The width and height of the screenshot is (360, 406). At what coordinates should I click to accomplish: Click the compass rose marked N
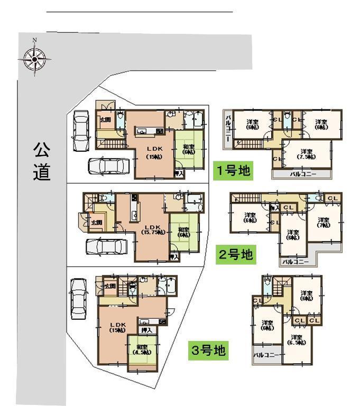pos(34,59)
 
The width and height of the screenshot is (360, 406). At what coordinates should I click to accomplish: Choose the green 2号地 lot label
pos(236,255)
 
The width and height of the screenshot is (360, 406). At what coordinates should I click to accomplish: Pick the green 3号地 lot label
pos(209,350)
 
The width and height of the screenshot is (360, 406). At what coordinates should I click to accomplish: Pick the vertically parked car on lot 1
pos(81,130)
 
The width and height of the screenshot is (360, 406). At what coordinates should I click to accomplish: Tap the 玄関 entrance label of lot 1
pos(105,119)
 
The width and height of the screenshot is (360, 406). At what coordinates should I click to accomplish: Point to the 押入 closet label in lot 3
pos(147,329)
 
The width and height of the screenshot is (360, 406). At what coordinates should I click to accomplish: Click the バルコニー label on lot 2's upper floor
pos(295,261)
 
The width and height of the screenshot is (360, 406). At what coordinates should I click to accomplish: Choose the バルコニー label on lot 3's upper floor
pos(266,355)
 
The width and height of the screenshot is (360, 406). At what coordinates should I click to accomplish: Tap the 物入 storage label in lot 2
pos(274,208)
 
